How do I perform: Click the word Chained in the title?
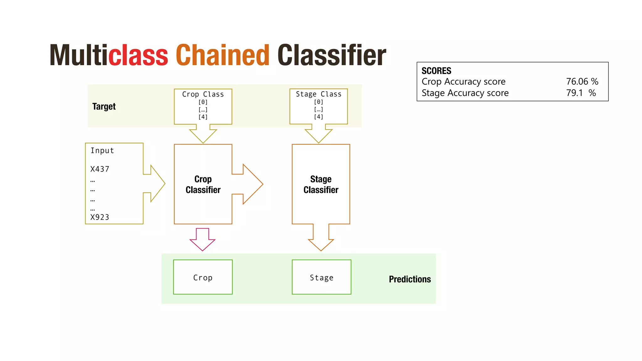coord(222,55)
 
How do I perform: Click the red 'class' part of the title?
coord(138,55)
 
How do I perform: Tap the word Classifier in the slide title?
coord(332,55)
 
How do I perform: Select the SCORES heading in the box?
coord(436,71)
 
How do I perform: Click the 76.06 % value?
coord(582,81)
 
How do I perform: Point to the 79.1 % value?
coord(581,93)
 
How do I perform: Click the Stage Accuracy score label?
coord(465,93)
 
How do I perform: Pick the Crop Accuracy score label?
coord(463,81)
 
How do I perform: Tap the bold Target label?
coord(104,107)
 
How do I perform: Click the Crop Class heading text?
coord(203,94)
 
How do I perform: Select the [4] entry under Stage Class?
coord(318,117)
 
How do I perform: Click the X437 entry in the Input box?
coord(100,169)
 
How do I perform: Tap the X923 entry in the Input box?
coord(100,217)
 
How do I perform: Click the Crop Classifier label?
coord(203,184)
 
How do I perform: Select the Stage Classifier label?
coord(321,184)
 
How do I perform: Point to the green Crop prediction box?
coord(203,277)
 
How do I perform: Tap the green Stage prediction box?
coord(321,277)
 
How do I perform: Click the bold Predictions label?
coord(409,279)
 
